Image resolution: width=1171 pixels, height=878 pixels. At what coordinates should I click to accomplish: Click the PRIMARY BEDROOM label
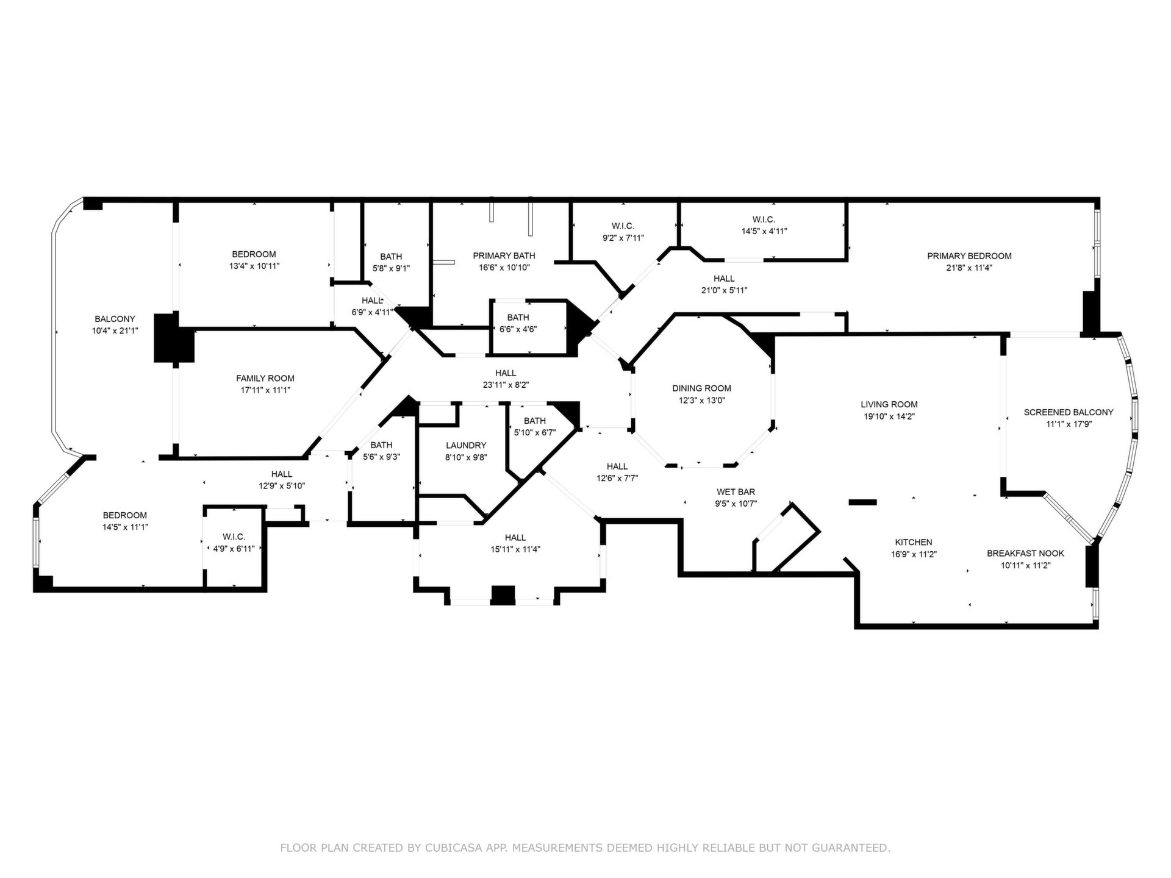[x=969, y=256]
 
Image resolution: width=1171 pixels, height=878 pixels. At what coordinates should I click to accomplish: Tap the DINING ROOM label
[x=701, y=388]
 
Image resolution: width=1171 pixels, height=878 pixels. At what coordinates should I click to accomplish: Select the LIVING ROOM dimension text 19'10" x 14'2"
[x=889, y=416]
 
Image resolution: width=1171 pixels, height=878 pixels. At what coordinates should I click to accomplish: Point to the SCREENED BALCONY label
[x=1069, y=412]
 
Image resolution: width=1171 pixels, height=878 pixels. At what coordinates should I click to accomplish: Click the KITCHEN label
[x=914, y=542]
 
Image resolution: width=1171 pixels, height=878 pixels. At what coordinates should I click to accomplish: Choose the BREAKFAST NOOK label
[x=1025, y=553]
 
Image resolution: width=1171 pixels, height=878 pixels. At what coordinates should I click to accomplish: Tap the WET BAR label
[x=736, y=491]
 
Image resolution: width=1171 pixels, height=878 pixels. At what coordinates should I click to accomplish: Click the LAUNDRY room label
[x=466, y=445]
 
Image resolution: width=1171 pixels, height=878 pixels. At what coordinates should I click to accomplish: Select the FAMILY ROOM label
[x=265, y=378]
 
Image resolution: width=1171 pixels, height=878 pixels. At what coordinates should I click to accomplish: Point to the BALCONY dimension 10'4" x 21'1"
[x=115, y=330]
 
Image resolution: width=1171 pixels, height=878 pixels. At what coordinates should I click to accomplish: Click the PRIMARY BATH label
[x=504, y=255]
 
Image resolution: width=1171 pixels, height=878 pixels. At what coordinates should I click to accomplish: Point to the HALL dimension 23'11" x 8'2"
[x=506, y=385]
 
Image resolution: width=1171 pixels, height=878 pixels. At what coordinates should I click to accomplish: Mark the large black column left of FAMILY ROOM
[x=174, y=338]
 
